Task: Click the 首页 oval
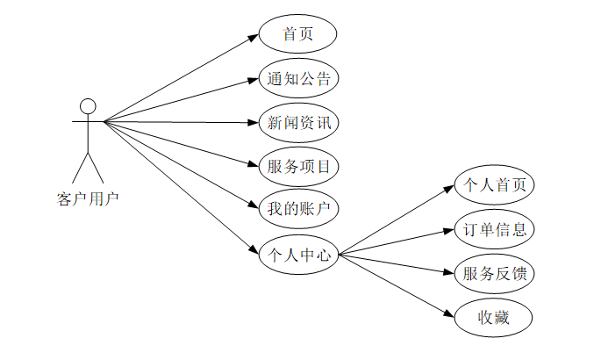click(x=298, y=35)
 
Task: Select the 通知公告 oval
click(x=298, y=78)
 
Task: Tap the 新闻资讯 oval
click(x=298, y=122)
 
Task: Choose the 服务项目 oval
click(x=298, y=165)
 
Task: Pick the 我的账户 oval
click(x=298, y=209)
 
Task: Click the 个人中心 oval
click(x=298, y=256)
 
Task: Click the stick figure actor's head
click(x=87, y=106)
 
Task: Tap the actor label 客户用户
click(x=87, y=198)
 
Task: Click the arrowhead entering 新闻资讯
click(x=254, y=122)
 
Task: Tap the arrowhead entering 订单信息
click(x=451, y=231)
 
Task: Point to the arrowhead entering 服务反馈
click(x=451, y=271)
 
